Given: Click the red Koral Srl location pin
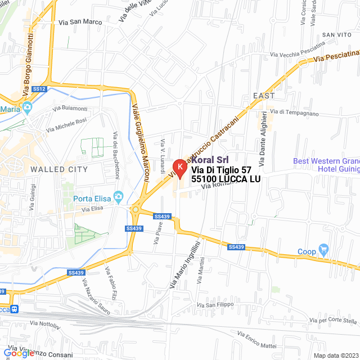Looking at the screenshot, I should click(x=179, y=167).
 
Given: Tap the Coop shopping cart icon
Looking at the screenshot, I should click(x=323, y=249).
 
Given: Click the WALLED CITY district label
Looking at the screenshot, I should click(x=59, y=169).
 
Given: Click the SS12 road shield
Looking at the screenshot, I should click(x=39, y=89).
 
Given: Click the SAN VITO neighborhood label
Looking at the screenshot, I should click(x=336, y=35).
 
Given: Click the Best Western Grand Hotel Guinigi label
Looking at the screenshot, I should click(x=326, y=165).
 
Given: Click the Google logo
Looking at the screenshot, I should click(x=19, y=353).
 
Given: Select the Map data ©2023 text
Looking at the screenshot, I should click(x=335, y=355).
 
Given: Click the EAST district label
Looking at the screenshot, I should click(x=264, y=96).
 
